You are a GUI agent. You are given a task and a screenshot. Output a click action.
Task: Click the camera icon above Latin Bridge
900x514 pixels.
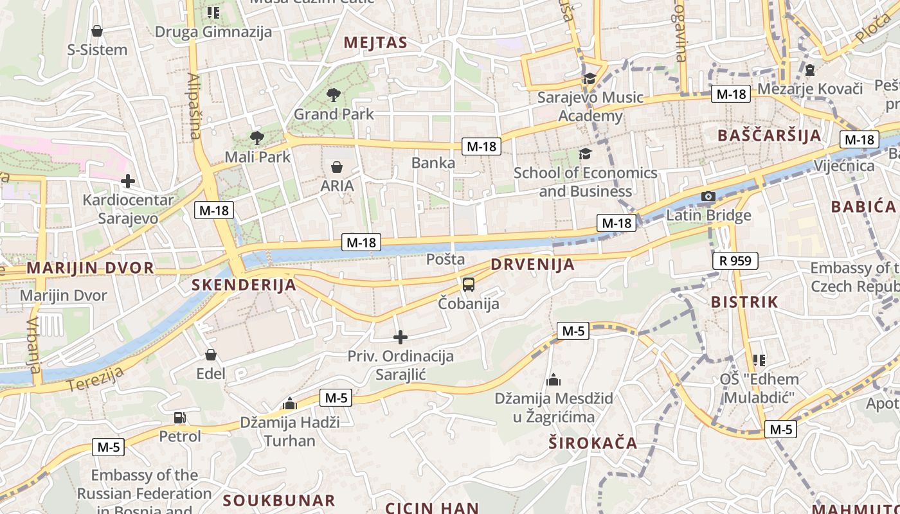708,197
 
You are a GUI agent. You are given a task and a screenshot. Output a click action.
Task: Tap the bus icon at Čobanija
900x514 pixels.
469,285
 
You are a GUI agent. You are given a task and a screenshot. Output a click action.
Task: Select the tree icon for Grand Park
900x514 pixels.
333,96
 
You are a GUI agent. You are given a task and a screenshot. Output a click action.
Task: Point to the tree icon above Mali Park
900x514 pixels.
256,137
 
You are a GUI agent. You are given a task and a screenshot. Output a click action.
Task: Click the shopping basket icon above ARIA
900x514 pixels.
337,168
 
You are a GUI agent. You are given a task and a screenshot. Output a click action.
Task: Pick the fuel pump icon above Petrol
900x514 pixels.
180,418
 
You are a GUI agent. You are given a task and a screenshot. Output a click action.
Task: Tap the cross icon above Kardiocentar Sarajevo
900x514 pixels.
128,181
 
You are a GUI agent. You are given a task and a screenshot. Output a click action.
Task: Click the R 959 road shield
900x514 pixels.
735,261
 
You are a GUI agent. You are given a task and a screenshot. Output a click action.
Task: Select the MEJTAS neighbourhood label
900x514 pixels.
375,43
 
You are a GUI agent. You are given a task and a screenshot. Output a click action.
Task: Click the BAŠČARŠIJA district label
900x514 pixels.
769,136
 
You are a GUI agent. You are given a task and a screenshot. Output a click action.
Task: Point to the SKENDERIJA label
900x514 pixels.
244,285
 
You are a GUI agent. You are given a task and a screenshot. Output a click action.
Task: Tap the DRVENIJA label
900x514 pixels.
532,265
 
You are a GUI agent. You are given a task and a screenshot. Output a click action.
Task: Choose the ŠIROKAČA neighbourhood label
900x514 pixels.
593,443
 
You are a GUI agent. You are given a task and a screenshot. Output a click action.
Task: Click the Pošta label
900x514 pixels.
446,260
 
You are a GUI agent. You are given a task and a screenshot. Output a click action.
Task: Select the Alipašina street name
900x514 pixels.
194,106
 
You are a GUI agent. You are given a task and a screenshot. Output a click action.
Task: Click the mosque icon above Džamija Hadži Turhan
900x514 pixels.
290,403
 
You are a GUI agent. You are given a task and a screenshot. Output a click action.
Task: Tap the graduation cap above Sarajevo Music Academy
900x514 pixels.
589,79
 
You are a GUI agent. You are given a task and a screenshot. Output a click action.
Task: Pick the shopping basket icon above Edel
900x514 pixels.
211,355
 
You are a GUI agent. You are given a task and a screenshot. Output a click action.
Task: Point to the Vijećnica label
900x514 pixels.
844,166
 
